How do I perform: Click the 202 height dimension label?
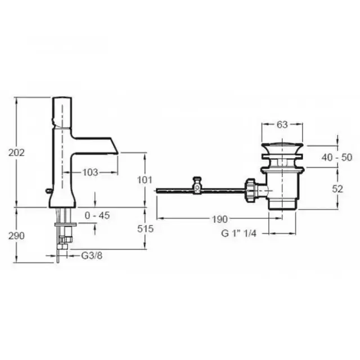[x=16, y=152]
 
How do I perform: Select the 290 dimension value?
[x=16, y=236]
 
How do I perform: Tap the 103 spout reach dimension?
[x=90, y=173]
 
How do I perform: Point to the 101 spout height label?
[x=145, y=180]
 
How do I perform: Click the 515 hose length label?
[x=145, y=229]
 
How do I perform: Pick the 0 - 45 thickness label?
[x=97, y=215]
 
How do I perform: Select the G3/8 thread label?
[x=92, y=255]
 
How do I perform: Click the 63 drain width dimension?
[x=282, y=125]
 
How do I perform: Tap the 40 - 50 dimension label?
[x=337, y=157]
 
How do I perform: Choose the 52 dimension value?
[x=337, y=189]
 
